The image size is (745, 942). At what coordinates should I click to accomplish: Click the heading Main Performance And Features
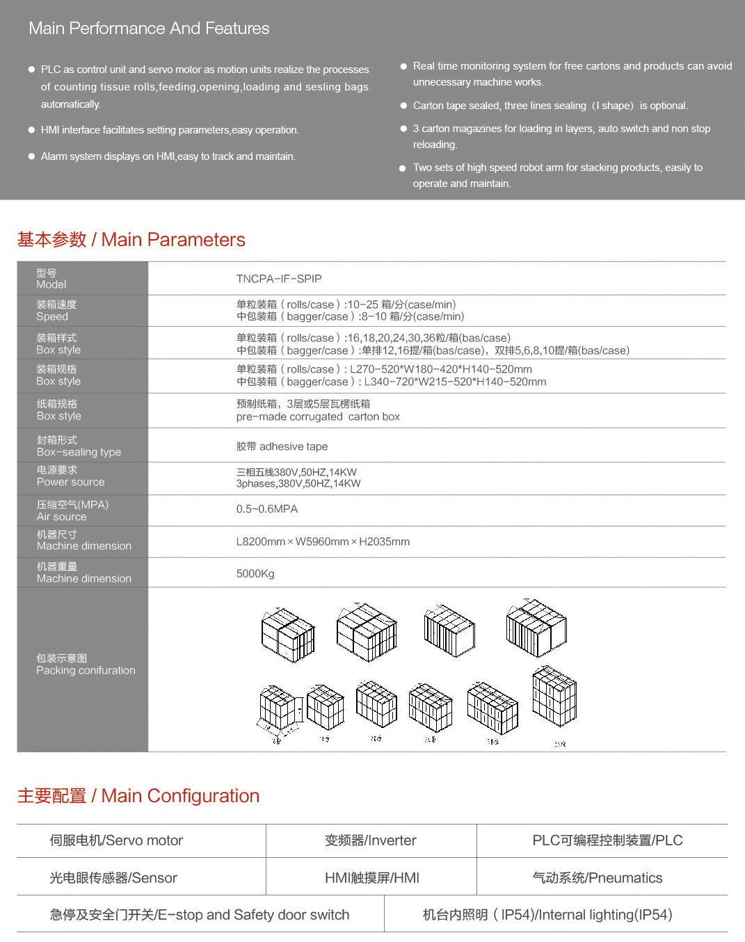pyautogui.click(x=149, y=29)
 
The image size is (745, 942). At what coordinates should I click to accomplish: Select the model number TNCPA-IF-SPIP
pyautogui.click(x=279, y=279)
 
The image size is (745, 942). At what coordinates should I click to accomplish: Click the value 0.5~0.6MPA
pyautogui.click(x=267, y=509)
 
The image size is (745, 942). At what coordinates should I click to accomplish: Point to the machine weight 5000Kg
pyautogui.click(x=255, y=574)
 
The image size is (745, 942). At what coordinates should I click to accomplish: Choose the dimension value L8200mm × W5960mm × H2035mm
pyautogui.click(x=323, y=542)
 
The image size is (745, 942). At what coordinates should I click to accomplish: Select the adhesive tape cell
pyautogui.click(x=282, y=446)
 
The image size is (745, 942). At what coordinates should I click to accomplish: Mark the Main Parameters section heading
pyautogui.click(x=131, y=240)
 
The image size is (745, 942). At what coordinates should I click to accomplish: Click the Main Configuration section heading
pyautogui.click(x=138, y=796)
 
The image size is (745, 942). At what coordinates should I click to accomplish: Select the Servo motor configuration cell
pyautogui.click(x=116, y=841)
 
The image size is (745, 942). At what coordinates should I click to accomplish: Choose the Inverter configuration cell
pyautogui.click(x=371, y=841)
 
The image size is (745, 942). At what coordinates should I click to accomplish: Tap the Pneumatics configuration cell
pyautogui.click(x=598, y=878)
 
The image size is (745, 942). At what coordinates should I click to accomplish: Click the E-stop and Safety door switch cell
pyautogui.click(x=200, y=915)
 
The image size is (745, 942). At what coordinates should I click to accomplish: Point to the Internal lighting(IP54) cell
pyautogui.click(x=547, y=915)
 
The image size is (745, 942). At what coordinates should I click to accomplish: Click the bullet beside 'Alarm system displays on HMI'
pyautogui.click(x=31, y=156)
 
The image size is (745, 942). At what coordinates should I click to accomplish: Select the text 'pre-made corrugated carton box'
pyautogui.click(x=318, y=417)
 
